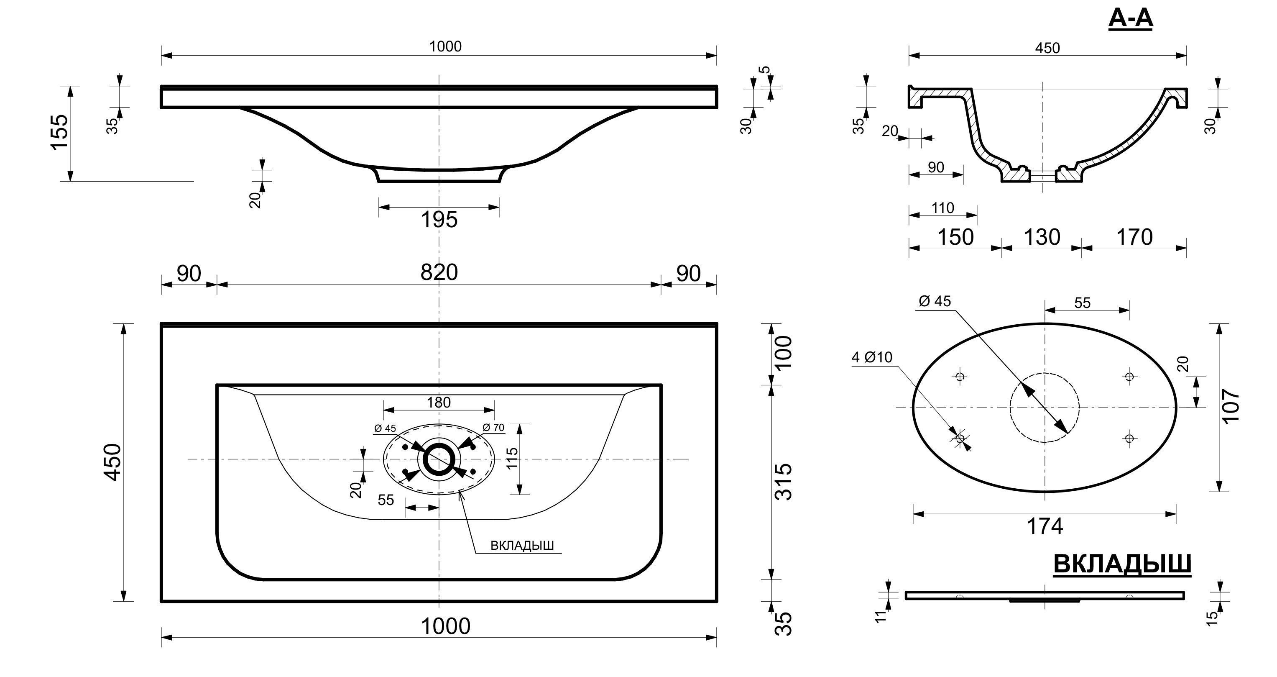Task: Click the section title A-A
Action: (x=1130, y=19)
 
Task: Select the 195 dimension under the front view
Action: (x=439, y=220)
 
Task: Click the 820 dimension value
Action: (x=439, y=272)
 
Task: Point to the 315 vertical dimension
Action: (x=783, y=482)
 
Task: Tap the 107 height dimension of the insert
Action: (x=1231, y=406)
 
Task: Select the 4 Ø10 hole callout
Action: (x=872, y=357)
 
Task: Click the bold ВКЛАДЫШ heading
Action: (x=1122, y=564)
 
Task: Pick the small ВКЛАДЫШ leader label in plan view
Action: (x=522, y=546)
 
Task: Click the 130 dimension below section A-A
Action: (x=1042, y=237)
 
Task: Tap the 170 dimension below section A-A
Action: (x=1134, y=237)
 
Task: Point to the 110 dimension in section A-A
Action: (x=942, y=208)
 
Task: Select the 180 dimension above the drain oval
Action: (x=439, y=402)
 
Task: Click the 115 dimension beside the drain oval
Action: (x=513, y=458)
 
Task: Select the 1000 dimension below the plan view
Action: (x=445, y=626)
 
